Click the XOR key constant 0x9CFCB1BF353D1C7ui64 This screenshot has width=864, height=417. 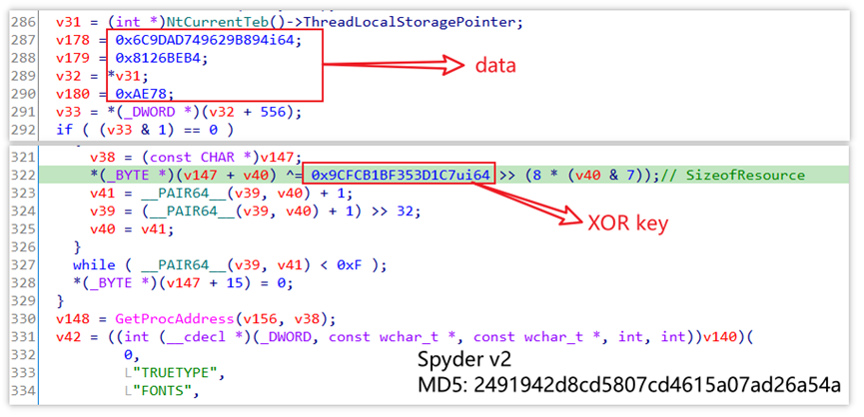coord(400,176)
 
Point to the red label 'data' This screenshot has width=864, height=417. coord(495,66)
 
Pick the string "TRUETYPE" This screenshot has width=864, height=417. coord(161,372)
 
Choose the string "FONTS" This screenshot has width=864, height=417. coord(151,390)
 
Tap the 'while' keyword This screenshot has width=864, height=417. coord(93,264)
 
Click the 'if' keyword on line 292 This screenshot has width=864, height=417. coord(63,130)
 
